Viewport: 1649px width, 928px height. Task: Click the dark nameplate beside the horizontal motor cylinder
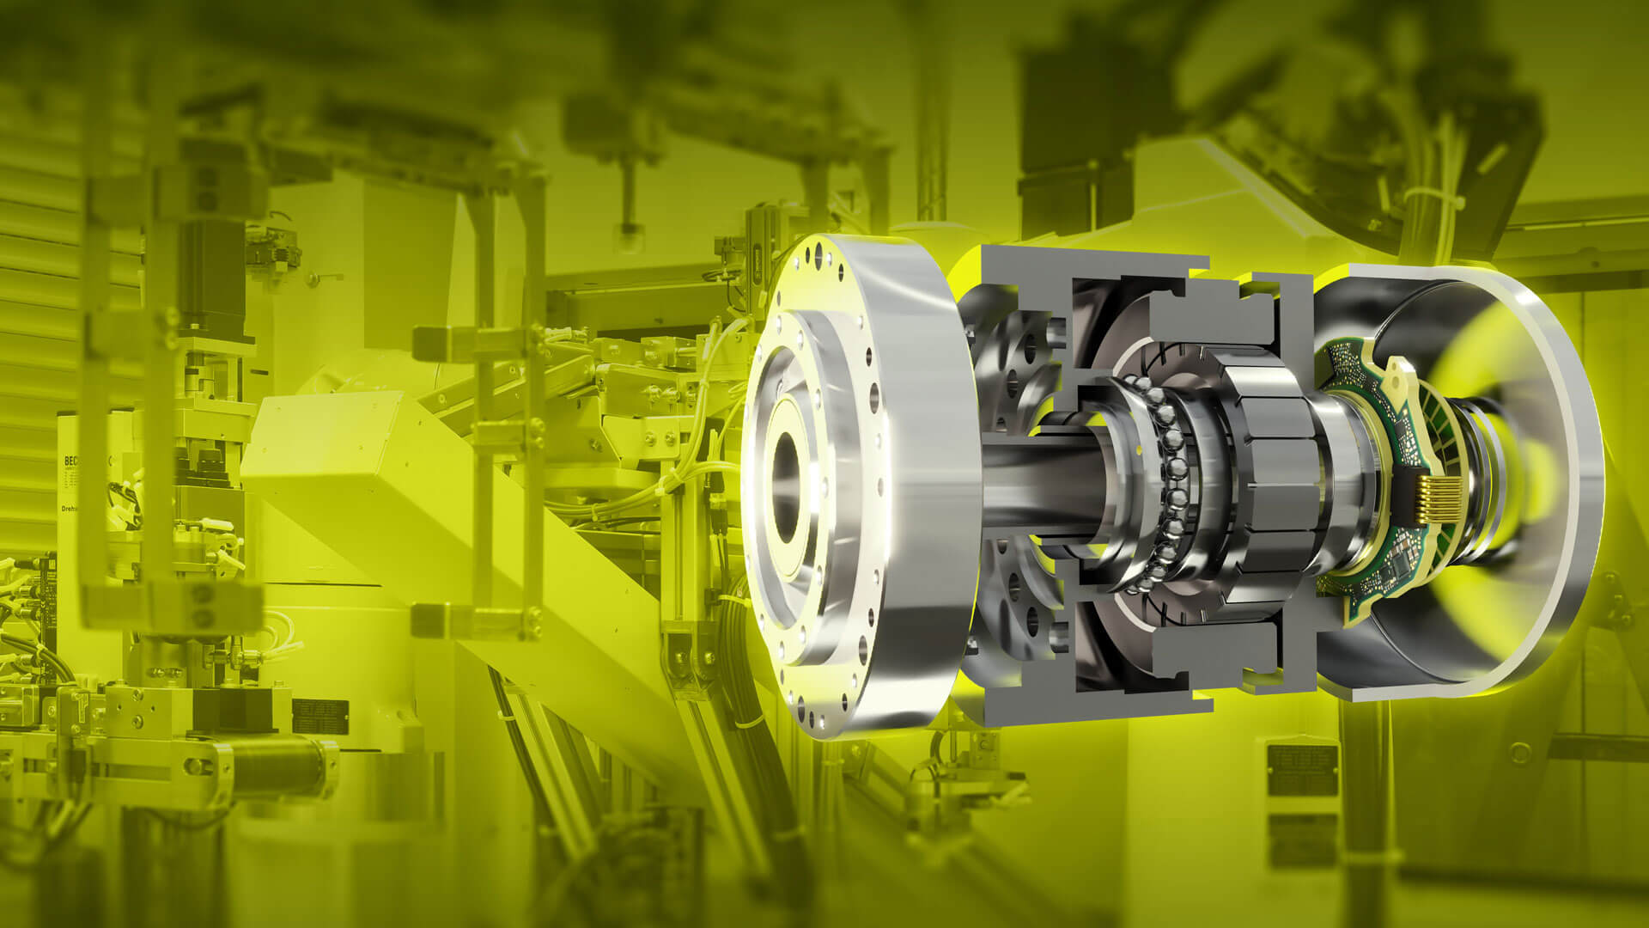(x=320, y=713)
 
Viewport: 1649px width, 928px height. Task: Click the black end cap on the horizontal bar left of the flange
(x=427, y=344)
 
